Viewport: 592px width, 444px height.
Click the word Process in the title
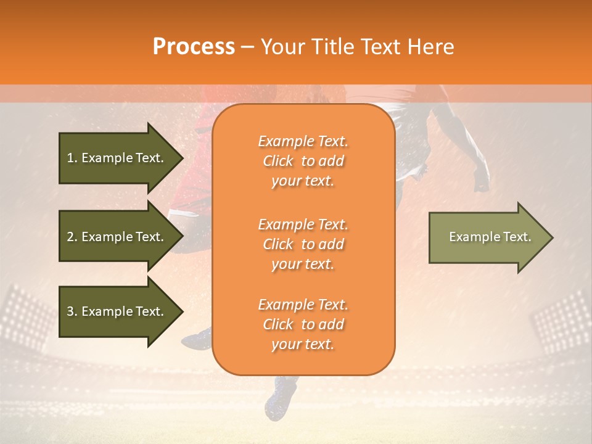pos(194,47)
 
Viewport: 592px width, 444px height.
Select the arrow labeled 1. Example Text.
pos(117,158)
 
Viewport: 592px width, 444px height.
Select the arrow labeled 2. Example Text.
pos(117,237)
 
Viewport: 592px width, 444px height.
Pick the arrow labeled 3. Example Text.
pos(117,311)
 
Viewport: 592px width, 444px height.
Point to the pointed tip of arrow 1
pos(182,158)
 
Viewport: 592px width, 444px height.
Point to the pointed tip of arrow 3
pos(182,311)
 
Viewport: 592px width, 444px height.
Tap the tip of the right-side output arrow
pos(552,237)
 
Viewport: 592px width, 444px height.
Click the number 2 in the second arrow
pos(70,237)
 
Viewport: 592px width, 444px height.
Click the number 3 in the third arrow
pos(70,311)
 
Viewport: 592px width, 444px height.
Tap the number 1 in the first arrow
pos(70,158)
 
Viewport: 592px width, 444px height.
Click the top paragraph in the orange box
pos(303,161)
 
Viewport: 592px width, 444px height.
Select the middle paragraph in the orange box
pos(303,244)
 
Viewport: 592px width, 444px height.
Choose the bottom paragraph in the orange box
pos(303,324)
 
